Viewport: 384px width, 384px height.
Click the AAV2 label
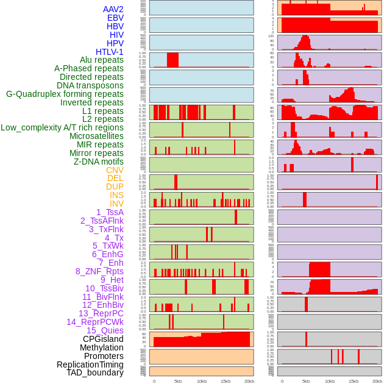(x=113, y=9)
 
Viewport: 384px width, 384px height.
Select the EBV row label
(x=115, y=18)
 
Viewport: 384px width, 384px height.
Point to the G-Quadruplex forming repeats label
(x=65, y=94)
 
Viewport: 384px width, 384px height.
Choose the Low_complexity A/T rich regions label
(x=62, y=127)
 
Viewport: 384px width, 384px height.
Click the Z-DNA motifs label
(x=98, y=162)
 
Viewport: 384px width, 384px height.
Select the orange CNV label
(x=115, y=170)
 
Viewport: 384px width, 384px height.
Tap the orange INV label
(x=116, y=204)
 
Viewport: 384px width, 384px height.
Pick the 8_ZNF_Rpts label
(x=99, y=271)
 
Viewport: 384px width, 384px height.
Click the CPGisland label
(x=103, y=339)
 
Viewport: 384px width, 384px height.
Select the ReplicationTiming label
(x=90, y=364)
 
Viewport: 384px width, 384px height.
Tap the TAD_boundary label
(x=95, y=372)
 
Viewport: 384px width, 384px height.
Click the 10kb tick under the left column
(x=201, y=381)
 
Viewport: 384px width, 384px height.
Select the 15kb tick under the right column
(x=354, y=381)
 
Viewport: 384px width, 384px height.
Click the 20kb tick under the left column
(x=249, y=381)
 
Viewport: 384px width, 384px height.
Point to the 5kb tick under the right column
(x=306, y=381)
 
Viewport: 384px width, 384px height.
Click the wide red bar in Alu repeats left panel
(x=172, y=60)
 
